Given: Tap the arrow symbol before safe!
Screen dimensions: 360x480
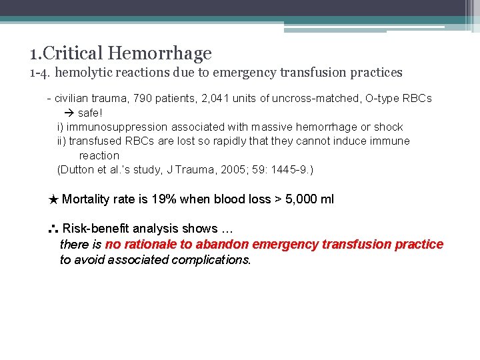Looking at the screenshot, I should tap(69, 113).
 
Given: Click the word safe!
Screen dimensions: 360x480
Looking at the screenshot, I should tap(90, 113).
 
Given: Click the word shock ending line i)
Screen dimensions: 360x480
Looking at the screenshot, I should tap(388, 127).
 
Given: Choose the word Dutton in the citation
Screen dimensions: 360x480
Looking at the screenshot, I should tap(77, 169).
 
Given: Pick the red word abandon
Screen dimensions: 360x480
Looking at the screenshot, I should tap(225, 244).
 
